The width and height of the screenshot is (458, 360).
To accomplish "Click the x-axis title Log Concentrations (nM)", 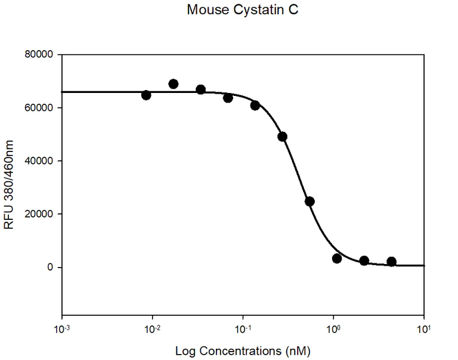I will pos(243,349).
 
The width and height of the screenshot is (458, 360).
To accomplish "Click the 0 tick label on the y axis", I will pos(51,267).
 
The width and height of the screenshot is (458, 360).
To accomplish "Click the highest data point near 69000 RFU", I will pos(174,84).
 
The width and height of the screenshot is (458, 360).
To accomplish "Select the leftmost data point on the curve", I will pos(146,95).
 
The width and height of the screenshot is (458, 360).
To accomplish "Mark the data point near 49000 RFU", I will pos(282,136).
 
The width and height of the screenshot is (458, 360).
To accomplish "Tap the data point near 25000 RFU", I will pos(310,201).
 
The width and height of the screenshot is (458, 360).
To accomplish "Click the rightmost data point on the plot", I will pos(391,262).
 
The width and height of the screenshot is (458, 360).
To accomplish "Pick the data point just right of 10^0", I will pos(337,259).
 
